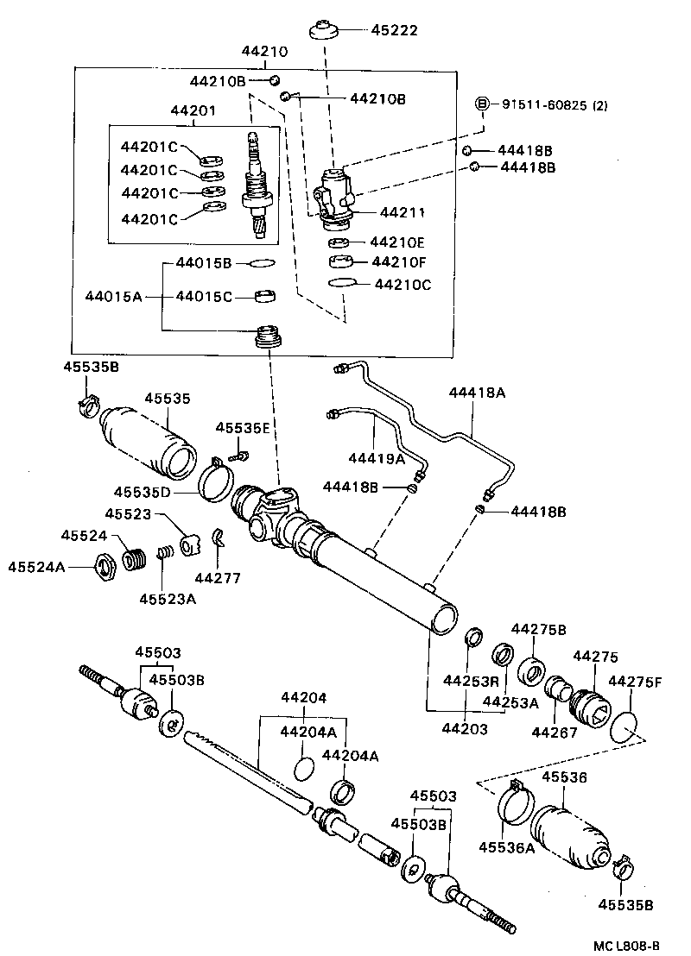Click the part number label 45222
(x=394, y=30)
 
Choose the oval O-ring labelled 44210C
(x=342, y=283)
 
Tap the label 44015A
(x=112, y=297)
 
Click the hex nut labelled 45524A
(x=105, y=568)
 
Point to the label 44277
(x=217, y=578)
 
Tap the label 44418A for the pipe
(x=477, y=393)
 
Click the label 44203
(x=466, y=729)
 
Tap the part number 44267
(x=553, y=733)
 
